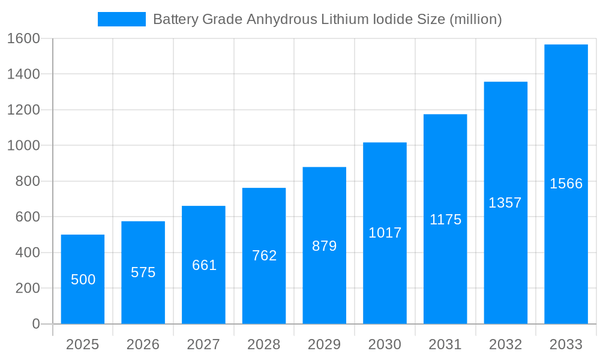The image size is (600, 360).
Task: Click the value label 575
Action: (143, 272)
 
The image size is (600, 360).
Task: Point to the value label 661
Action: (204, 265)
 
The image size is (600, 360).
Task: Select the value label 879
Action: (325, 246)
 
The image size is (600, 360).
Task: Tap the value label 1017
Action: (385, 233)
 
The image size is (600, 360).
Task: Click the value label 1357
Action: (505, 203)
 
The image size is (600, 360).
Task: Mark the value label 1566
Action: (566, 184)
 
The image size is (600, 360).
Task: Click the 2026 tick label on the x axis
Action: (143, 344)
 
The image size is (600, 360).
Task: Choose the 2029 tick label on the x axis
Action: (325, 344)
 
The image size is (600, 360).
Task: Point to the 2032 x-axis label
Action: (505, 344)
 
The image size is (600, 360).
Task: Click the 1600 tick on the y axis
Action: (23, 38)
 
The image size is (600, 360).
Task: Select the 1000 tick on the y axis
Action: (23, 146)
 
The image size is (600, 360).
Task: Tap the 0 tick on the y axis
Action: (35, 324)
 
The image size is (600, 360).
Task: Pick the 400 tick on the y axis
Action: (27, 253)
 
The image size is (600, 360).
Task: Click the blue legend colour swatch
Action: (122, 19)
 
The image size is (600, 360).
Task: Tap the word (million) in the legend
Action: (475, 19)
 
